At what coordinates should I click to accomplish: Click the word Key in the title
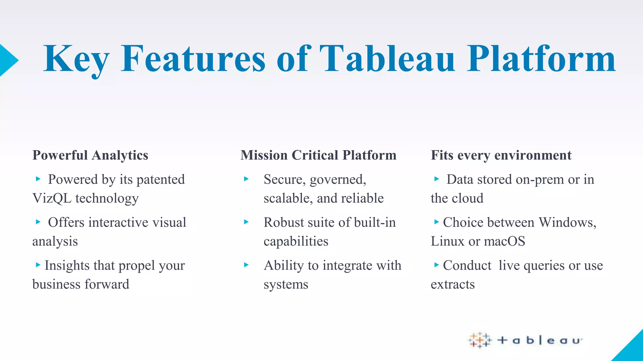pyautogui.click(x=76, y=60)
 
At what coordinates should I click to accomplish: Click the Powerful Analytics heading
pyautogui.click(x=90, y=155)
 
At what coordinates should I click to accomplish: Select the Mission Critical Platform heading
pyautogui.click(x=318, y=155)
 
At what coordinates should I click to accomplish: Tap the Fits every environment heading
pyautogui.click(x=501, y=155)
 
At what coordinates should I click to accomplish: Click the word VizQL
pyautogui.click(x=52, y=198)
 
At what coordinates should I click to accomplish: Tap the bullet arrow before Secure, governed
pyautogui.click(x=246, y=179)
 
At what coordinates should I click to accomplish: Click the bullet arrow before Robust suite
pyautogui.click(x=246, y=222)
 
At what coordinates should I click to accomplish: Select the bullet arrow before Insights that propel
pyautogui.click(x=38, y=265)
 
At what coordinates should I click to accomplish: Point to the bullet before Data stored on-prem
pyautogui.click(x=436, y=179)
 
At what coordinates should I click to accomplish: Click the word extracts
pyautogui.click(x=452, y=285)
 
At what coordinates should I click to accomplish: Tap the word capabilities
pyautogui.click(x=296, y=241)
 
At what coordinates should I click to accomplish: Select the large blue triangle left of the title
pyautogui.click(x=8, y=60)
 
